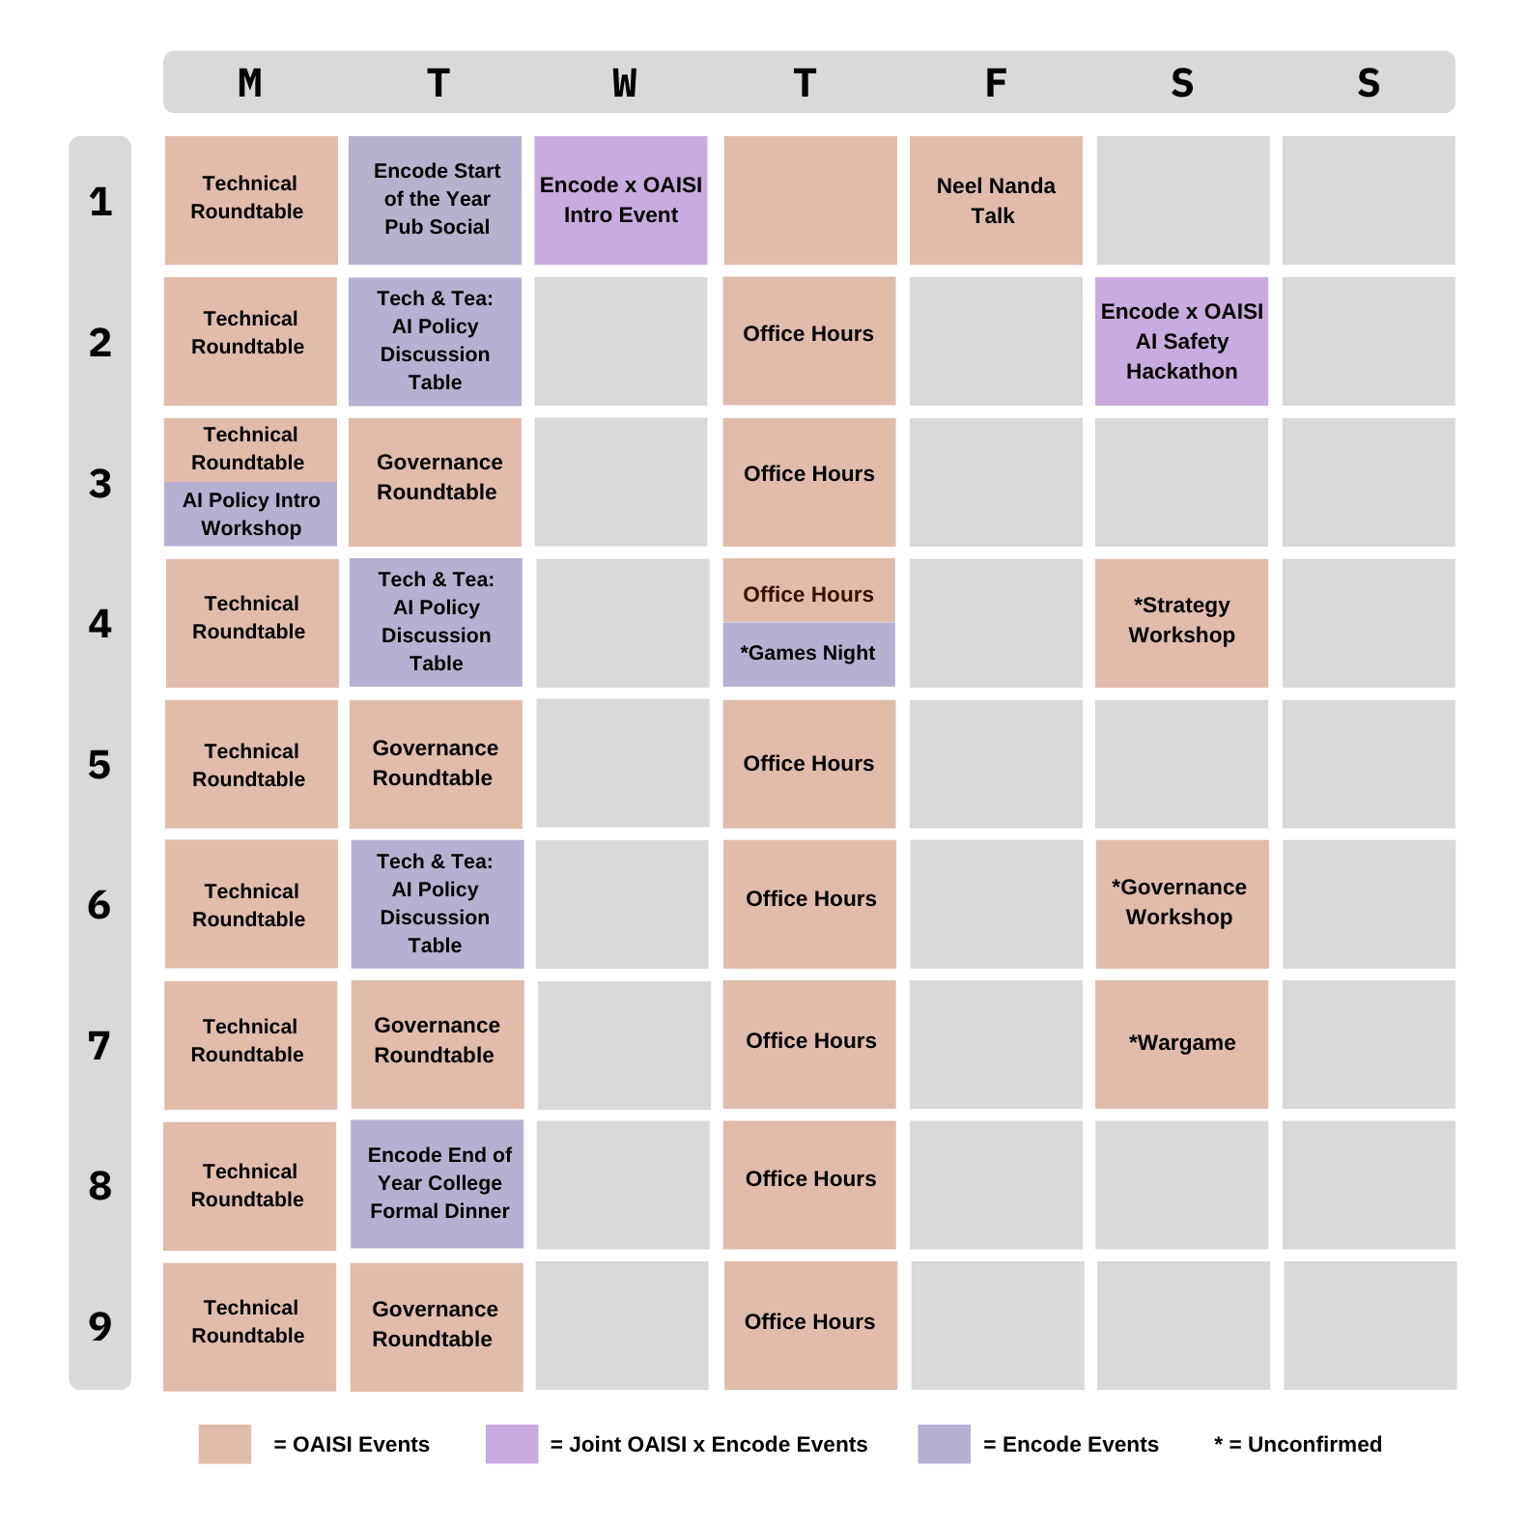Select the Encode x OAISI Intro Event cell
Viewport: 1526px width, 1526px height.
[620, 200]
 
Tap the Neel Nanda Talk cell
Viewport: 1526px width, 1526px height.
[996, 200]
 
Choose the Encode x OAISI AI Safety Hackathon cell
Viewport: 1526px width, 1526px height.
[1181, 341]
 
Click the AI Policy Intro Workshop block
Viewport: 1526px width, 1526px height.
[250, 514]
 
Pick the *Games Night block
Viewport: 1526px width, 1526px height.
[808, 654]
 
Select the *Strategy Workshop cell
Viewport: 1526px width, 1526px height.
[1181, 622]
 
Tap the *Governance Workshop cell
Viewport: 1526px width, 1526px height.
[1181, 903]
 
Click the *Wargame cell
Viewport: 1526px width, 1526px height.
[1181, 1044]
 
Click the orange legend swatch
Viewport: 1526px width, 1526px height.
[225, 1444]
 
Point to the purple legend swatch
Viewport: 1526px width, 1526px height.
[512, 1444]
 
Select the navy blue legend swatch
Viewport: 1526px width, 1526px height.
[945, 1444]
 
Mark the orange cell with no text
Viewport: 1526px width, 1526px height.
[809, 200]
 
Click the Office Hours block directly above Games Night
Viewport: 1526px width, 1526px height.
[808, 591]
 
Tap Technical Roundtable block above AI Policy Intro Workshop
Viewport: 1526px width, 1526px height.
[250, 449]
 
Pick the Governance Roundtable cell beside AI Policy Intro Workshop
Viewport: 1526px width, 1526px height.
[435, 481]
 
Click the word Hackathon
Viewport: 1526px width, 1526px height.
[1181, 372]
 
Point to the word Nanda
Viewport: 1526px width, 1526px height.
[1026, 185]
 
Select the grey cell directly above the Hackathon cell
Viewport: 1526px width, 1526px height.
[1182, 200]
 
